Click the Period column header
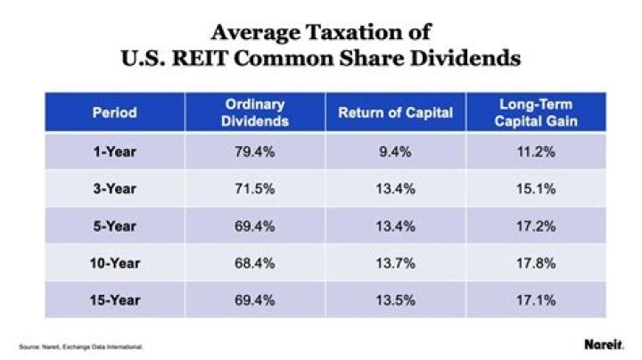tap(114, 114)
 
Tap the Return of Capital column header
tap(395, 114)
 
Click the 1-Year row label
tap(114, 152)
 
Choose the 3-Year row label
tap(114, 189)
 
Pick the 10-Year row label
tap(114, 263)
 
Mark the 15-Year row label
tap(114, 299)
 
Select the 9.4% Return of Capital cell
tap(395, 152)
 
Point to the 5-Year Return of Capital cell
tap(395, 226)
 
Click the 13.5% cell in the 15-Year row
tap(395, 299)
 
